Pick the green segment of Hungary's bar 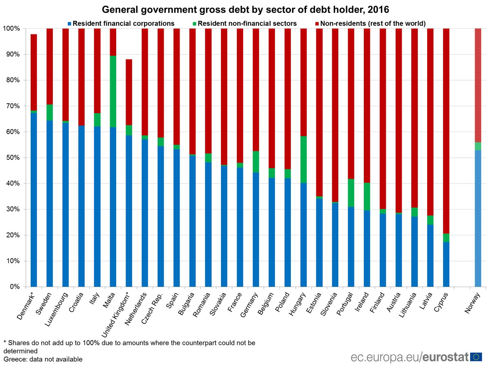tap(304, 159)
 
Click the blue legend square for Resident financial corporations tap(70, 24)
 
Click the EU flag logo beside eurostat tap(476, 356)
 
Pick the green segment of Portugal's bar tap(351, 193)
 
